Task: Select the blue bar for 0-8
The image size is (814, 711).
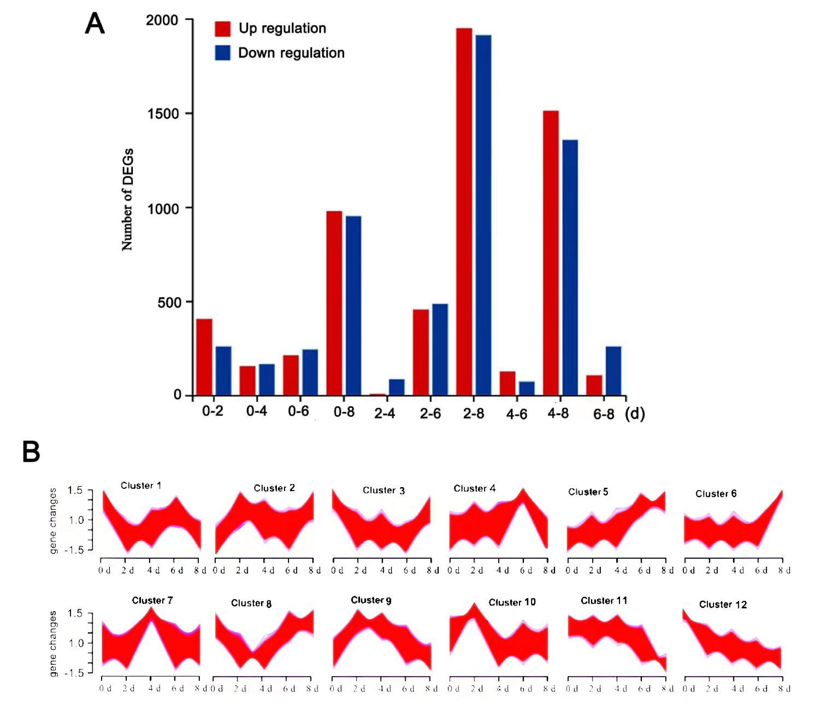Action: (353, 305)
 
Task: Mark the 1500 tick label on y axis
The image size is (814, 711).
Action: (163, 114)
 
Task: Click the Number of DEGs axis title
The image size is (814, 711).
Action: (127, 200)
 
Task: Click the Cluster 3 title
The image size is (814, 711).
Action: (384, 490)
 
